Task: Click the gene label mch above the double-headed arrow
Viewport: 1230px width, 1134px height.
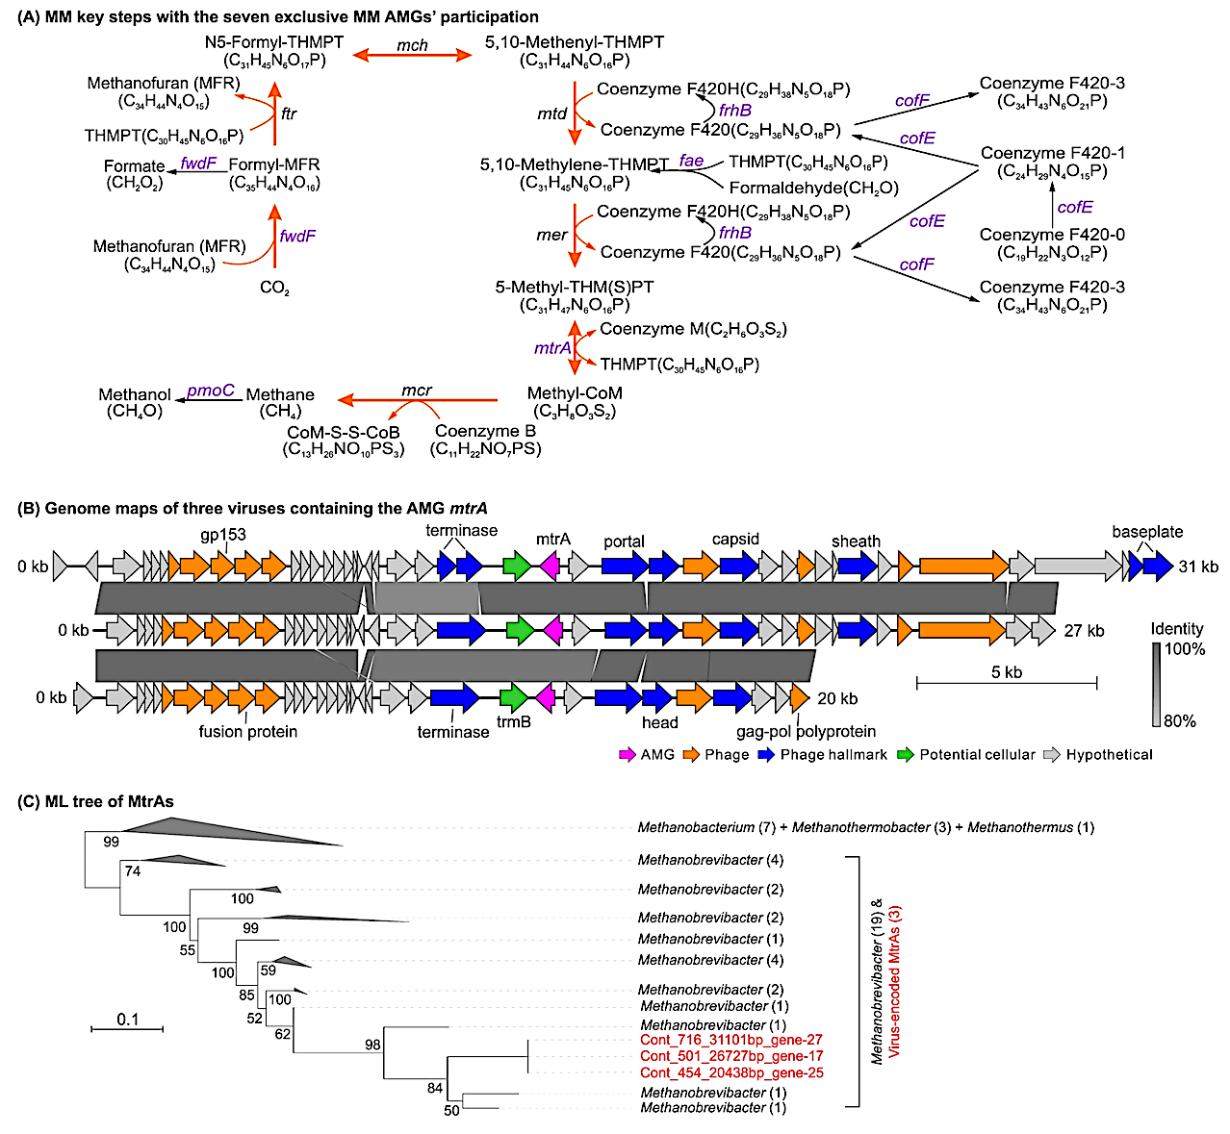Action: [412, 45]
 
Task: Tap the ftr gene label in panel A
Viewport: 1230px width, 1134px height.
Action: [289, 113]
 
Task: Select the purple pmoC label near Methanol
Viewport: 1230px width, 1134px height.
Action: [210, 391]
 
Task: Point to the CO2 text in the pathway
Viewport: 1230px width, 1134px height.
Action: [274, 288]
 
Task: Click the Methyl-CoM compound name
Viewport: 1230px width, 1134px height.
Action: [575, 393]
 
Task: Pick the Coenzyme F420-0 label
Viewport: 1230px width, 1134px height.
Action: [1052, 235]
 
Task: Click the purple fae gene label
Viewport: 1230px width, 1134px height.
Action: [691, 161]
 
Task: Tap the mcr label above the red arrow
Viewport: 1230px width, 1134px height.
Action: [416, 391]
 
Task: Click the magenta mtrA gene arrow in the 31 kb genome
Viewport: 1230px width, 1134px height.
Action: [550, 567]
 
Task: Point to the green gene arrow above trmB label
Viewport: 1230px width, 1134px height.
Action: [515, 697]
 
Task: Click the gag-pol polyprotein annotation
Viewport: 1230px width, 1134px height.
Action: [806, 731]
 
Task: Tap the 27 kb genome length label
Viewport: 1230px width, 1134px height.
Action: [1084, 631]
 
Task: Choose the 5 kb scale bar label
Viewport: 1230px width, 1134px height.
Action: [1007, 672]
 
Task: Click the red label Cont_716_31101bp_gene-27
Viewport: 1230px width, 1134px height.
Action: [731, 1040]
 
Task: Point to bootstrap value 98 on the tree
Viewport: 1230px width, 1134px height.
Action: [372, 1045]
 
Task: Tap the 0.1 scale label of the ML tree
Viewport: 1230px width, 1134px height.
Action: [127, 1020]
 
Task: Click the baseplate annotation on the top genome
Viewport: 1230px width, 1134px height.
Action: [1147, 532]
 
